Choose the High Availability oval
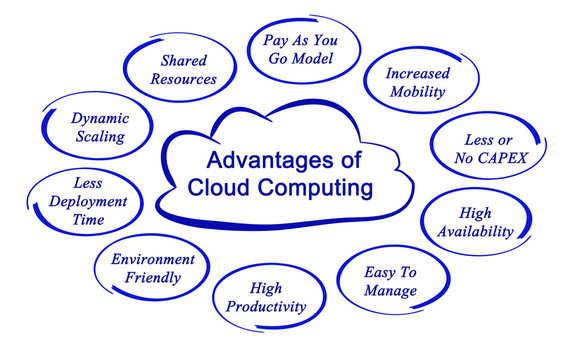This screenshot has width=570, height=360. [x=474, y=222]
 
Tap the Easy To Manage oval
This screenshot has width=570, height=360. [x=391, y=281]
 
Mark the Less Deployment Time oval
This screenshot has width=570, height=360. [x=87, y=201]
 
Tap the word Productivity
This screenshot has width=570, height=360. [x=265, y=308]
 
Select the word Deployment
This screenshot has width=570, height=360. [x=87, y=201]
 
